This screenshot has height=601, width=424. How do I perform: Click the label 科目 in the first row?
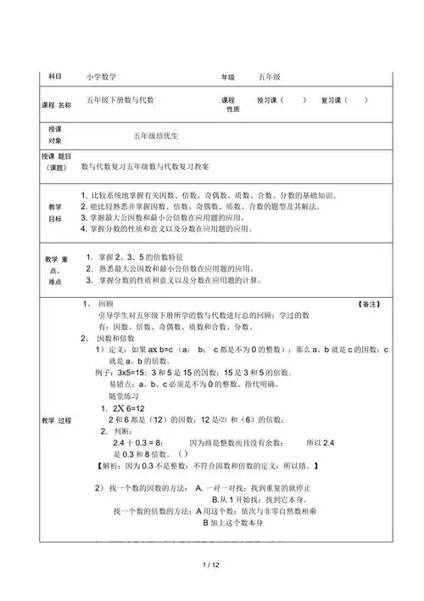pos(55,76)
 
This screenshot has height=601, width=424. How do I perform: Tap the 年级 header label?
pos(227,76)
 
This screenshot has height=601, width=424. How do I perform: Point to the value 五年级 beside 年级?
pos(273,76)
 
